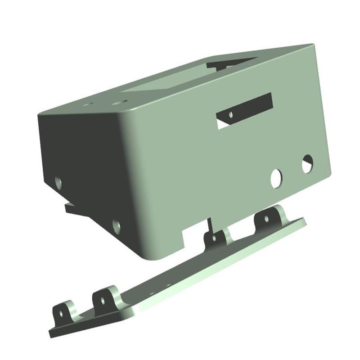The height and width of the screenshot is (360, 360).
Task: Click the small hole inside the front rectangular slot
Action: coord(231,115)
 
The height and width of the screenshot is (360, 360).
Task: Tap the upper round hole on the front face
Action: coord(307,164)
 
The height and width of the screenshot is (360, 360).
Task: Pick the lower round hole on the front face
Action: coord(276,179)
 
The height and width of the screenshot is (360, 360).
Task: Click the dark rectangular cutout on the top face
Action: coord(232,62)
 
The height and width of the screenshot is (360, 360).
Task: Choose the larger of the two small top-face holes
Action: coord(118,103)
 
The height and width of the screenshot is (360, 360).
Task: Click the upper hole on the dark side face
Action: coord(58,182)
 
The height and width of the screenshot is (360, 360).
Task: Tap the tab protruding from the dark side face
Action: coord(74,209)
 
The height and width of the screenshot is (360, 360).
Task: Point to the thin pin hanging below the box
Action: coord(209,225)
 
